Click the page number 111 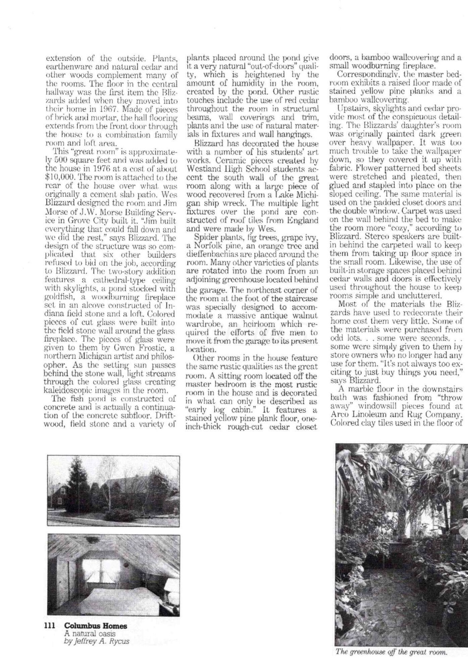[50, 626]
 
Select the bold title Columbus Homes [96, 626]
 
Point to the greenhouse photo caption [391, 652]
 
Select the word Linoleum [369, 415]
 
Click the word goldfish [56, 297]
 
